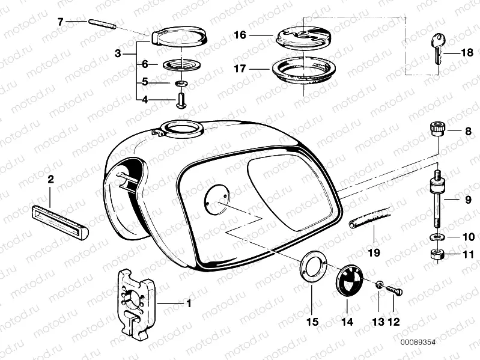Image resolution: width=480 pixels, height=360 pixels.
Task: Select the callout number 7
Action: pyautogui.click(x=60, y=22)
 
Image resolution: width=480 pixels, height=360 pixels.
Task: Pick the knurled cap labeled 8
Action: pyautogui.click(x=437, y=129)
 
